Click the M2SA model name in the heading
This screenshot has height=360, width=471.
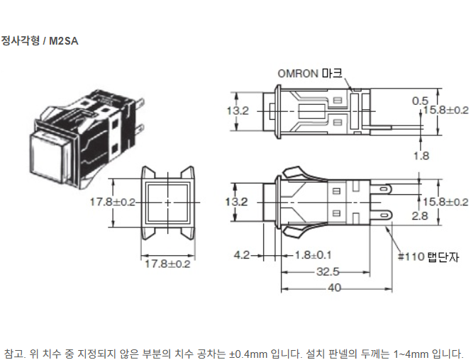[63, 41]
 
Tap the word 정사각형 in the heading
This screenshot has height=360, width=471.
[21, 40]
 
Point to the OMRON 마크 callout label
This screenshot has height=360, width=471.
[310, 74]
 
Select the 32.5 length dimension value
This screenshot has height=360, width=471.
[328, 272]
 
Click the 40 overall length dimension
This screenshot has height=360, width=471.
[334, 288]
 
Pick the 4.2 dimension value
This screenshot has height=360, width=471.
[242, 255]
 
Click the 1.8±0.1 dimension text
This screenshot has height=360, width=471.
[313, 255]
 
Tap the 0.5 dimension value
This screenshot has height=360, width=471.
[420, 101]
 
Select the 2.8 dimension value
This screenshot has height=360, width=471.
[419, 215]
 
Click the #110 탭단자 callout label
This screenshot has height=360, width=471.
[428, 257]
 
